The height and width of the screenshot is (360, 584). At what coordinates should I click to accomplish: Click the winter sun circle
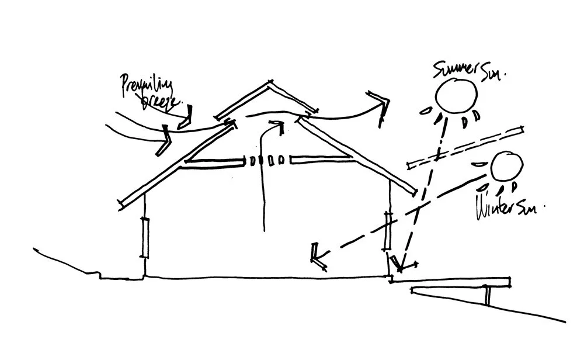(x=506, y=167)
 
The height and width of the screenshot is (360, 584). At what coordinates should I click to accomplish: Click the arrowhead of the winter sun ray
(x=318, y=256)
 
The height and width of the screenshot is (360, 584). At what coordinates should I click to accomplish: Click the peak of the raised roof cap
(x=270, y=82)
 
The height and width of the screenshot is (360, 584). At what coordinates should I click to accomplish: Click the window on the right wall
(x=388, y=230)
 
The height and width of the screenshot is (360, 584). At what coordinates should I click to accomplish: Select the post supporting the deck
(x=488, y=296)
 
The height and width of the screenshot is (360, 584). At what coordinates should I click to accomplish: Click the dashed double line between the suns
(x=467, y=146)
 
